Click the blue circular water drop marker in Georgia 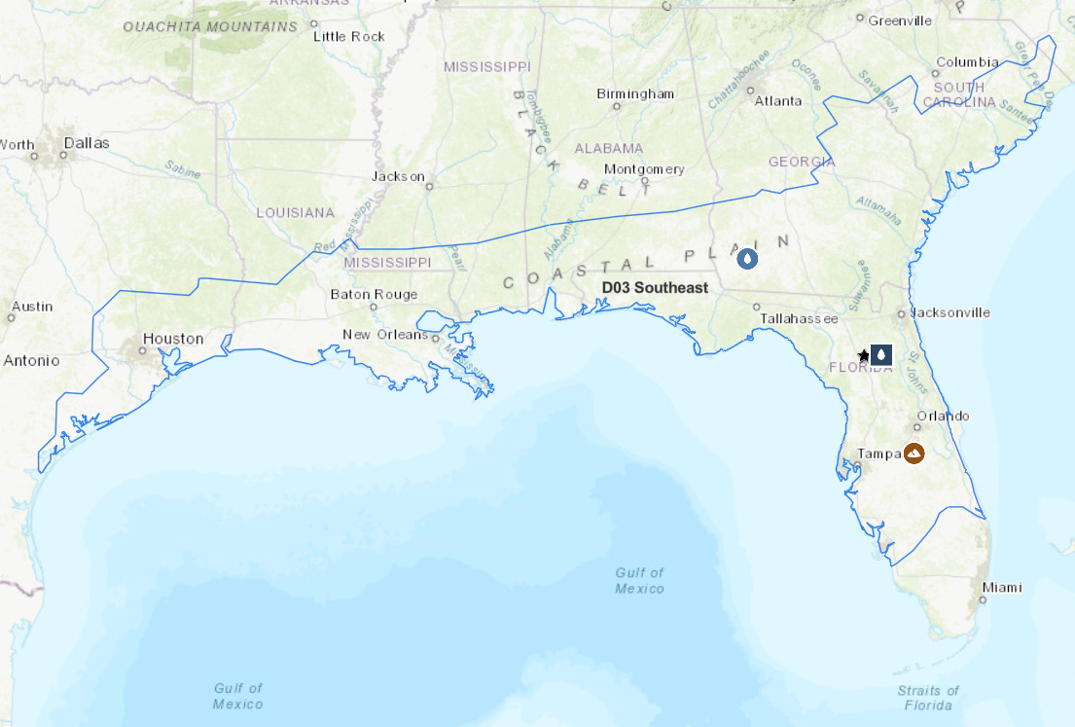coord(747,259)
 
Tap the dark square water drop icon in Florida coord(881,355)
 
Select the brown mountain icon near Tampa coord(914,453)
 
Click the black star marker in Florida coord(863,355)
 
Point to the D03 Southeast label coord(655,288)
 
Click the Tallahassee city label coord(799,318)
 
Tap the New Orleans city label coord(384,335)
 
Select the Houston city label coord(173,339)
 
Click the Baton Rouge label coord(374,294)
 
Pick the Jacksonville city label coord(950,312)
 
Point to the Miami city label coord(1001,587)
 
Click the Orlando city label coord(943,416)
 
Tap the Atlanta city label coord(778,100)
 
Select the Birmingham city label coord(635,93)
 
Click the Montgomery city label coord(644,168)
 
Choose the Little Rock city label coord(349,36)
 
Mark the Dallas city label coord(87,143)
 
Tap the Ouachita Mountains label coord(210,26)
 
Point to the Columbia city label coord(967,62)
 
